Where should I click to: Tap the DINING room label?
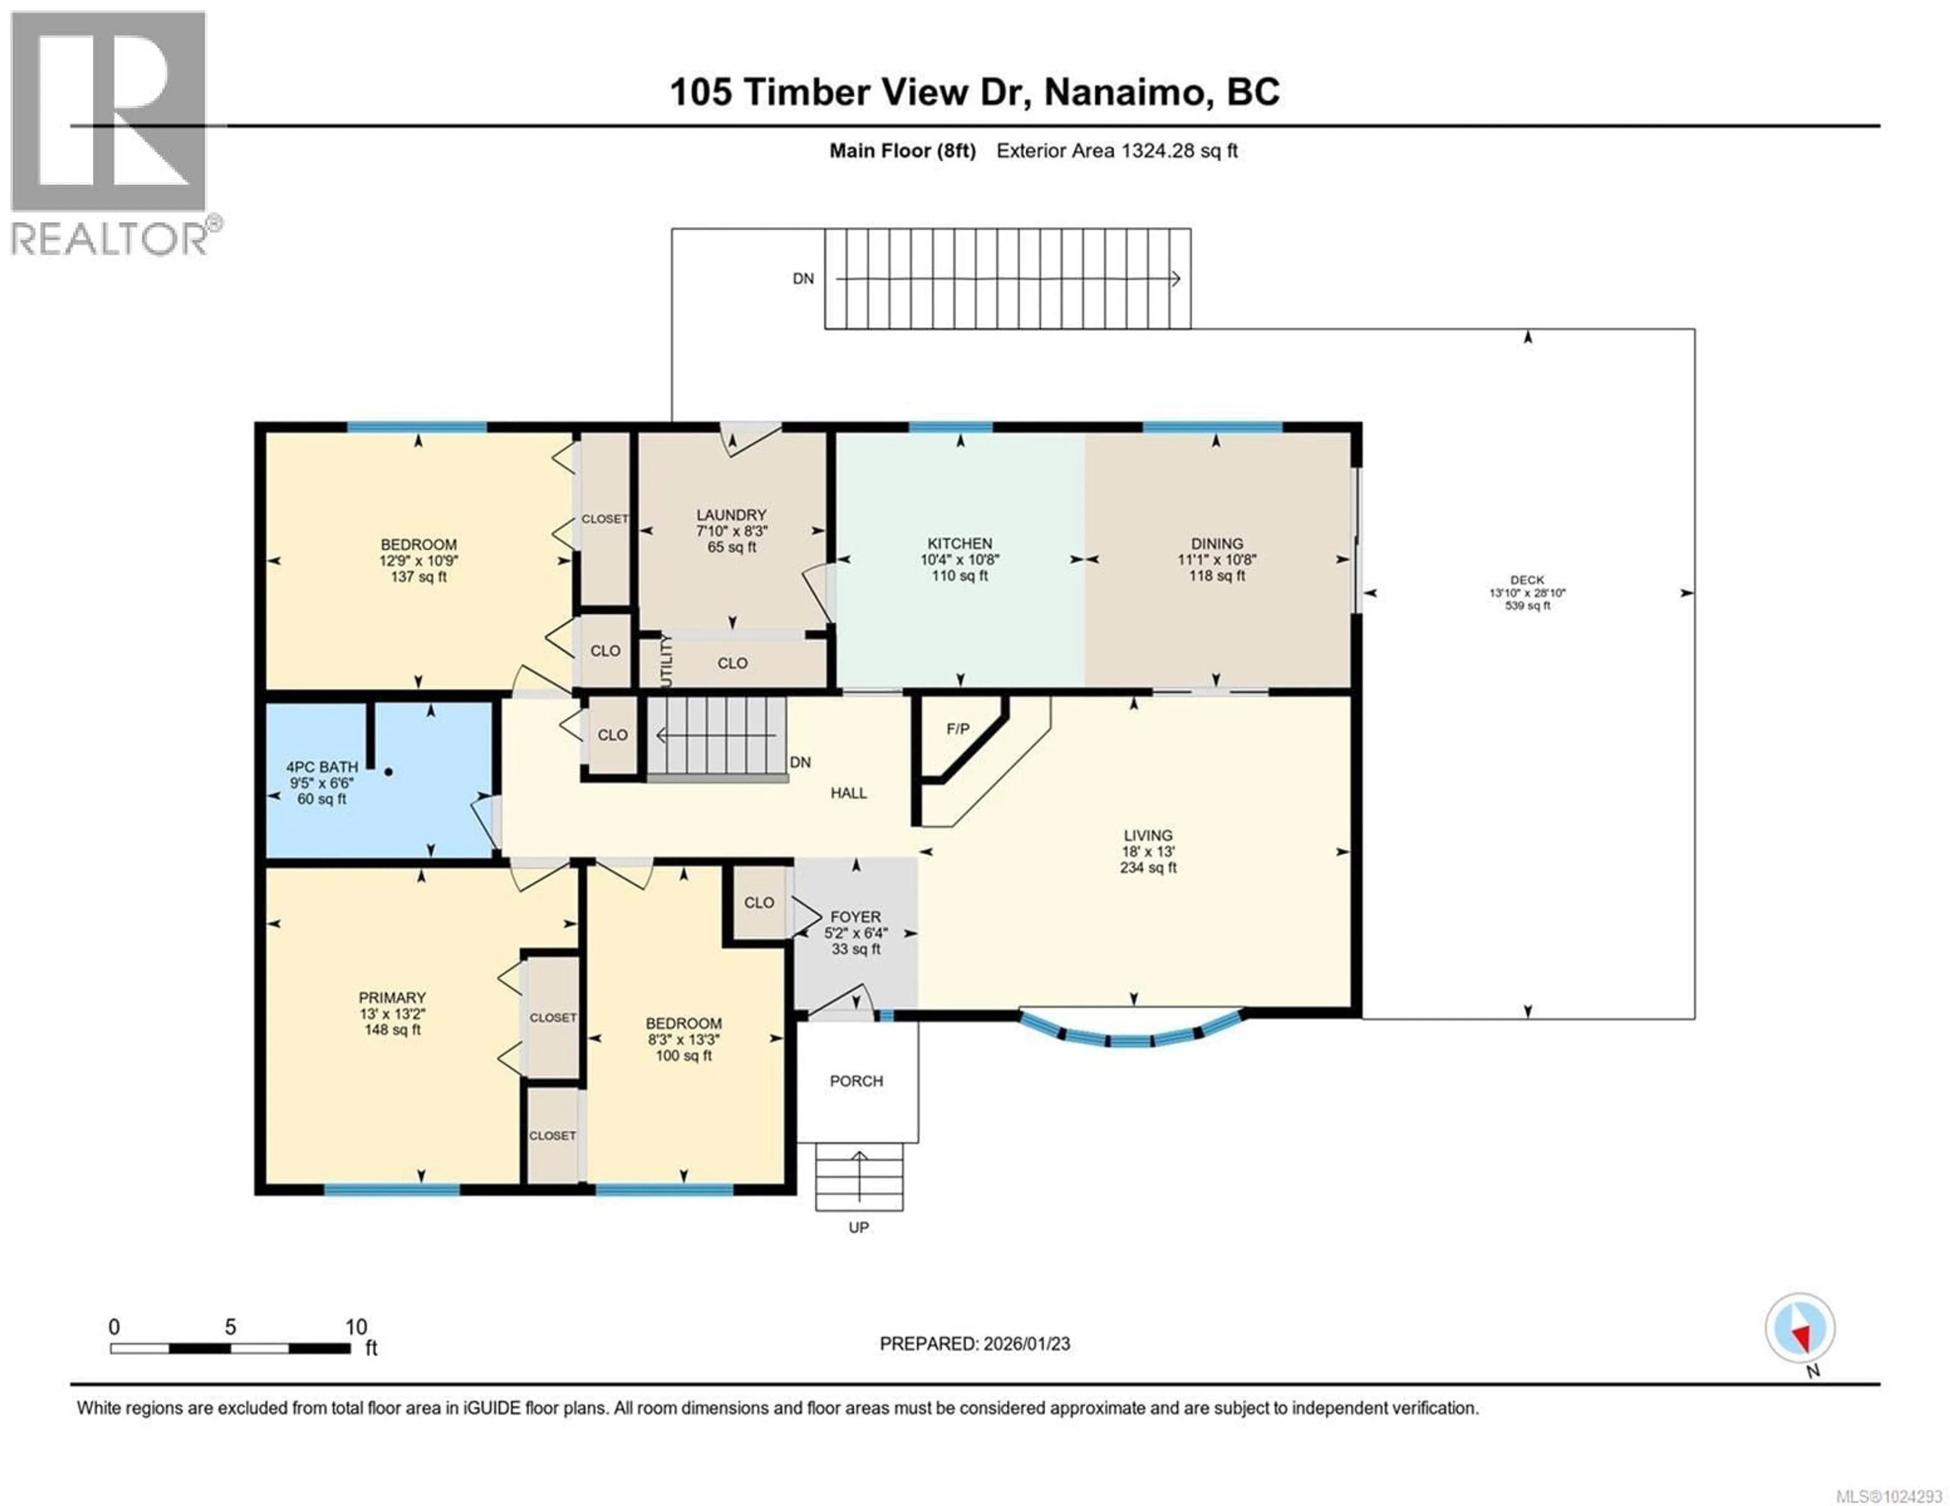[1216, 543]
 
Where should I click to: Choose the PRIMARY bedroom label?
[392, 997]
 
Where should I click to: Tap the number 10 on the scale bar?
[355, 1326]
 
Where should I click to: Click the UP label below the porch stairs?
[858, 1227]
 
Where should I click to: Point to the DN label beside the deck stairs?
[803, 279]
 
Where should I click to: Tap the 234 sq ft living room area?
[1148, 867]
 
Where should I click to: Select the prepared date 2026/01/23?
[1025, 1344]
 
